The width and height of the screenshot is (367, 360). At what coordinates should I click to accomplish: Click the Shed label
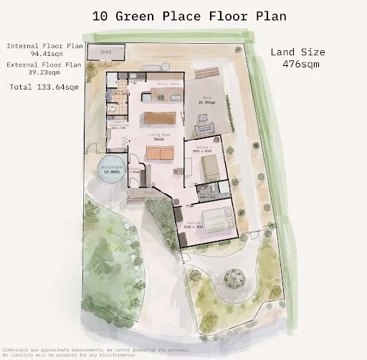click(x=106, y=52)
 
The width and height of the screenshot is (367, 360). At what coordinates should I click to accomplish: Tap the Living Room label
click(x=163, y=136)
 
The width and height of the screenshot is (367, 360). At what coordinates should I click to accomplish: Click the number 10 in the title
click(x=100, y=15)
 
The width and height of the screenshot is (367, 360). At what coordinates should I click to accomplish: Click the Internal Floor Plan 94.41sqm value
click(x=44, y=54)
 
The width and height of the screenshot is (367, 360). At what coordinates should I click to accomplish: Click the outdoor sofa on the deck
click(x=205, y=128)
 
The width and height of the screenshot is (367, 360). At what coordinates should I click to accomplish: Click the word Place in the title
click(x=185, y=15)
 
